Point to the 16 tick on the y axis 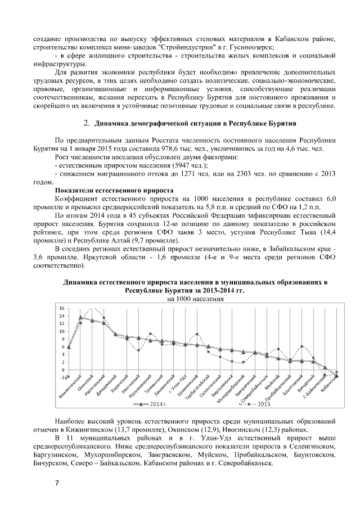click(62, 308)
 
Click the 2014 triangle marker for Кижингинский click(80, 317)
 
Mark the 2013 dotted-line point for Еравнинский click(197, 334)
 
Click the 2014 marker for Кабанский click(336, 376)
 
